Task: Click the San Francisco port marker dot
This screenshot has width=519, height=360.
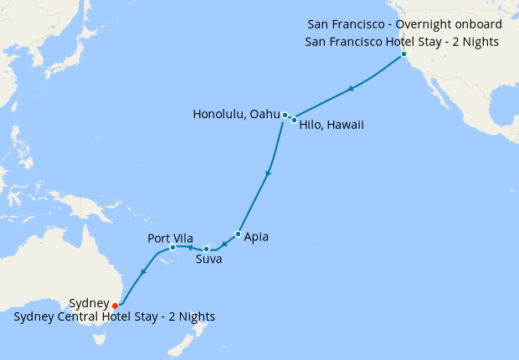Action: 403,54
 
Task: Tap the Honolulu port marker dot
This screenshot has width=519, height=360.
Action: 285,115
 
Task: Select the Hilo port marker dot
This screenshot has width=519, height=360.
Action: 294,120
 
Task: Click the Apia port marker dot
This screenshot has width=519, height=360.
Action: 239,234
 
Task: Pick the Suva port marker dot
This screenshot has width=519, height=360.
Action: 206,249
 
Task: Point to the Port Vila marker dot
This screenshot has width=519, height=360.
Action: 172,247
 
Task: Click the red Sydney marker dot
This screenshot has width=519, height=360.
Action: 115,306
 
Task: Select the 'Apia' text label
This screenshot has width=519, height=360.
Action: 256,237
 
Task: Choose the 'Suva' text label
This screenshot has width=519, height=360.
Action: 208,260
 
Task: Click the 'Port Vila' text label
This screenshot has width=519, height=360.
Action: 172,237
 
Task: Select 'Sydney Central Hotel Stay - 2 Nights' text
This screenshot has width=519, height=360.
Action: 115,316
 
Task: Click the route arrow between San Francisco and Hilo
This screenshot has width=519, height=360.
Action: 352,88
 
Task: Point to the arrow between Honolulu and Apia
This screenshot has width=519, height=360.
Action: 268,174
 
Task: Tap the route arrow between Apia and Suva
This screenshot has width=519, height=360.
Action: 225,244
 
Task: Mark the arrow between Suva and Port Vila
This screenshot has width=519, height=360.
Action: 189,248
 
